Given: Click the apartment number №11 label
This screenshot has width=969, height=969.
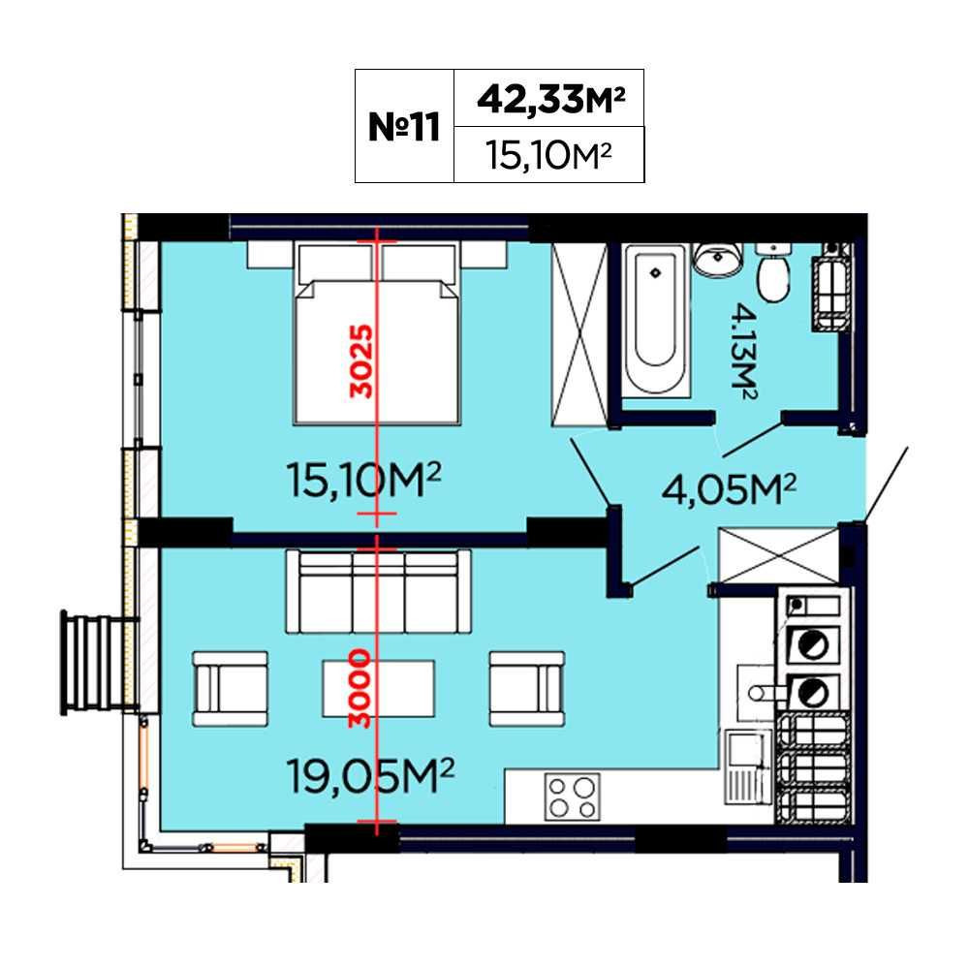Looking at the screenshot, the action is (x=403, y=127).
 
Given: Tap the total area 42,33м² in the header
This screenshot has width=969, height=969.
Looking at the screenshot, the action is (x=551, y=99).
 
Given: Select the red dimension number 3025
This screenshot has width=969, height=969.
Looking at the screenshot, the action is (x=362, y=361).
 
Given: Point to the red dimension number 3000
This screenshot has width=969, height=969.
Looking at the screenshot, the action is (x=359, y=688).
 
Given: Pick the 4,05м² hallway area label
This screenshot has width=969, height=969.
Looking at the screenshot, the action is (x=729, y=489).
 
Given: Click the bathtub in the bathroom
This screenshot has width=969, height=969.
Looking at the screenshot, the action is (x=656, y=320).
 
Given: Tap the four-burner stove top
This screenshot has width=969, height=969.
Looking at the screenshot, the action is (x=573, y=797).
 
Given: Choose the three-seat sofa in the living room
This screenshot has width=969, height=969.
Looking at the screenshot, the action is (x=378, y=591).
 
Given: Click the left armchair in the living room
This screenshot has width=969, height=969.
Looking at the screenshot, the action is (x=231, y=689).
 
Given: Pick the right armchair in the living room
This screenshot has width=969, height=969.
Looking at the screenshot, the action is (x=526, y=689).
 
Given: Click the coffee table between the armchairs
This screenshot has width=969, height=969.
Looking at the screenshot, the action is (x=378, y=688).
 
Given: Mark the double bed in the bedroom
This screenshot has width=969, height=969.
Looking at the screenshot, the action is (x=377, y=333).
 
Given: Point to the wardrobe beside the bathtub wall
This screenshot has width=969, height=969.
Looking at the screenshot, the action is (x=579, y=334).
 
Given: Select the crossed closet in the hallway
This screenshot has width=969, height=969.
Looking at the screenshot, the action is (x=779, y=555).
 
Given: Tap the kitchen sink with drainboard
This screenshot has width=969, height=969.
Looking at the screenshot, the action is (x=748, y=766).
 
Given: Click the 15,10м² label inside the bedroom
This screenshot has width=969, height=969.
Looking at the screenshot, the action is (x=363, y=482).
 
